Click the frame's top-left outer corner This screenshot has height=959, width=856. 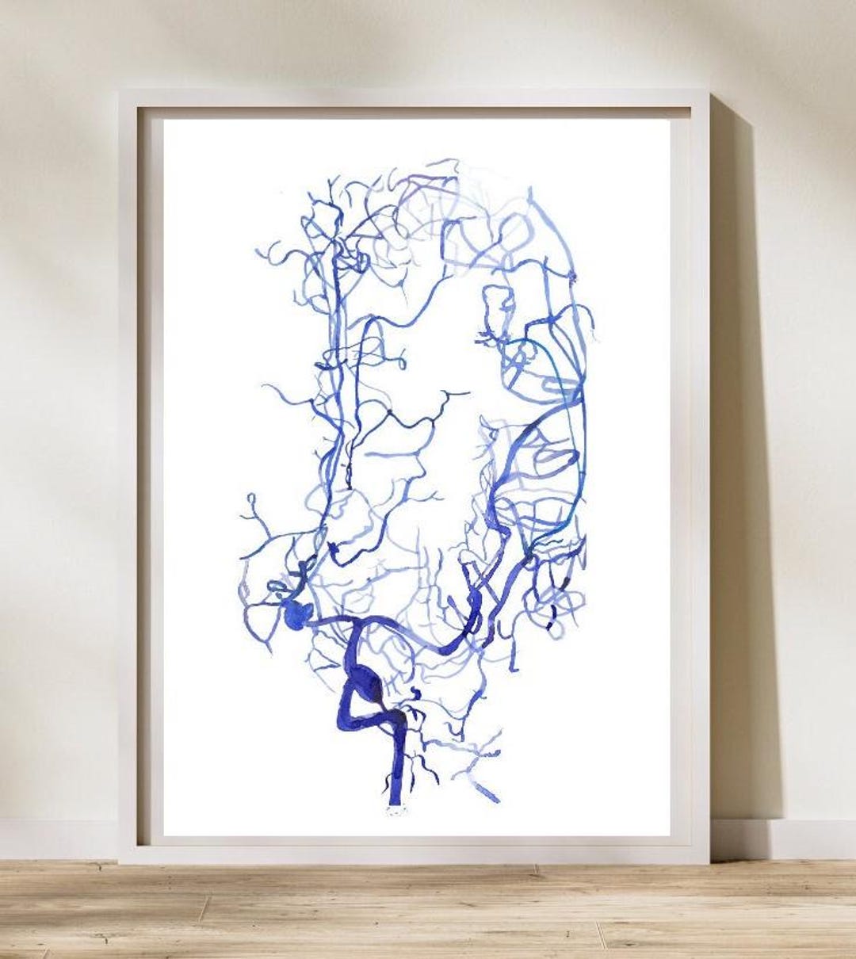click(x=119, y=92)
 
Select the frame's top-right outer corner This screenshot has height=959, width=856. click(x=708, y=92)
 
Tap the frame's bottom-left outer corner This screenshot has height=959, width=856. click(x=119, y=863)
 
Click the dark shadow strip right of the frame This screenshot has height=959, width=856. click(x=741, y=476)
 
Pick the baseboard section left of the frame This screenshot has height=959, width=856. click(x=55, y=839)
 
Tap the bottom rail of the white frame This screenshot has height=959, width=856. click(x=412, y=852)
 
